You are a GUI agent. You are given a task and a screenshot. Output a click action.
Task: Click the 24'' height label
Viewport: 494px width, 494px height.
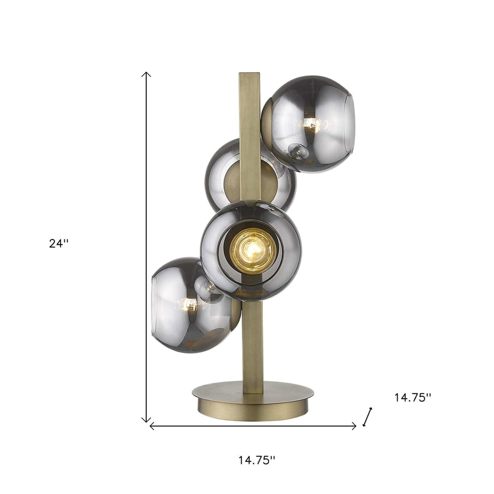tap(59, 244)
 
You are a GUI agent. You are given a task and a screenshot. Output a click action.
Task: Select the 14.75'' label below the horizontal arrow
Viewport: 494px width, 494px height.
tap(256, 460)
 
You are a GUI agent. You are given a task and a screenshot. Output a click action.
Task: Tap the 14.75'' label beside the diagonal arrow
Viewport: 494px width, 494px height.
tap(412, 398)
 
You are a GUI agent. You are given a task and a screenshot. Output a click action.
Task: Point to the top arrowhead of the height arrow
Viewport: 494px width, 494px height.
tap(146, 74)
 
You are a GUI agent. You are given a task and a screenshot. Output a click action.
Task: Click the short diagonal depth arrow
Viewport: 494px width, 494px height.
tap(368, 416)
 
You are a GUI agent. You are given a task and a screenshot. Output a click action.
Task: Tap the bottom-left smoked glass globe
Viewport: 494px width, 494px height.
tap(188, 306)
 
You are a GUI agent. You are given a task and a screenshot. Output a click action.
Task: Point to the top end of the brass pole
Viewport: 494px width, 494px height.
tap(250, 77)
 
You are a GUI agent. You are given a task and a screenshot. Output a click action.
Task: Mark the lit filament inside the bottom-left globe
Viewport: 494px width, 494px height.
tap(189, 304)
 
